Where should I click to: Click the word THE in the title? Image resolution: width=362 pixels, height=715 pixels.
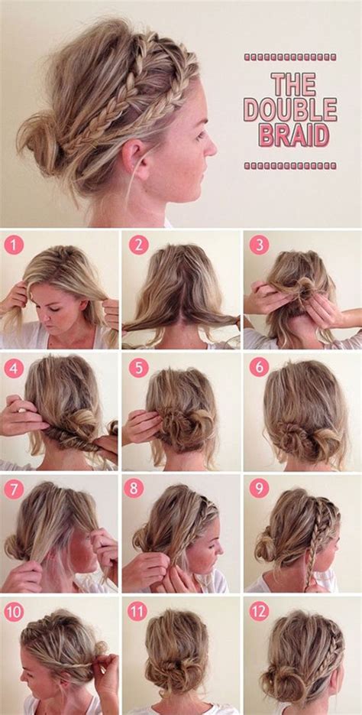coord(290,84)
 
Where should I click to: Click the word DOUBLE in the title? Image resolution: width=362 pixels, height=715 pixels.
coord(290,109)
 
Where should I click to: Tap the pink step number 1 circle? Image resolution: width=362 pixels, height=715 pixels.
coord(14,245)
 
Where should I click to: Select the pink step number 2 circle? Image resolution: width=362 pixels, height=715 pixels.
coord(138,245)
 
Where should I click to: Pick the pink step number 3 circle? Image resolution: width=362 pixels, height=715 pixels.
coord(259,245)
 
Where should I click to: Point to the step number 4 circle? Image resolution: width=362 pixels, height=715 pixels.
coord(14,368)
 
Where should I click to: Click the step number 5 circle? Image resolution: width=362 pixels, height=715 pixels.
coord(138,368)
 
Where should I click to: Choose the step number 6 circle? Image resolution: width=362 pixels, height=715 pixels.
coord(259,368)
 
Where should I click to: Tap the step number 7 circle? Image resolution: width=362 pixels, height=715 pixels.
coord(14,489)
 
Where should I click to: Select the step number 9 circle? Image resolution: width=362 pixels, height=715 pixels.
coord(259,489)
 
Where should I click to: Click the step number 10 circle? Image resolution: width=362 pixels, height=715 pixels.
coord(14,611)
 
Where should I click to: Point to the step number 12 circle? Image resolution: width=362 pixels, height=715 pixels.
coord(259,611)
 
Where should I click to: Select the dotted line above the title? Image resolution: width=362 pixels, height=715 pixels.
coord(290,57)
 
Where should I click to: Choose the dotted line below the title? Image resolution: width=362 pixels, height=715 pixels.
coord(290,165)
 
